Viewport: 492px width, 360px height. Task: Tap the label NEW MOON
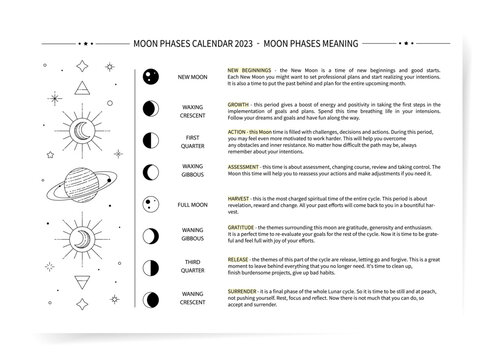[193, 77]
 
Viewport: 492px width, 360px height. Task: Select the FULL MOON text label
[193, 204]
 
